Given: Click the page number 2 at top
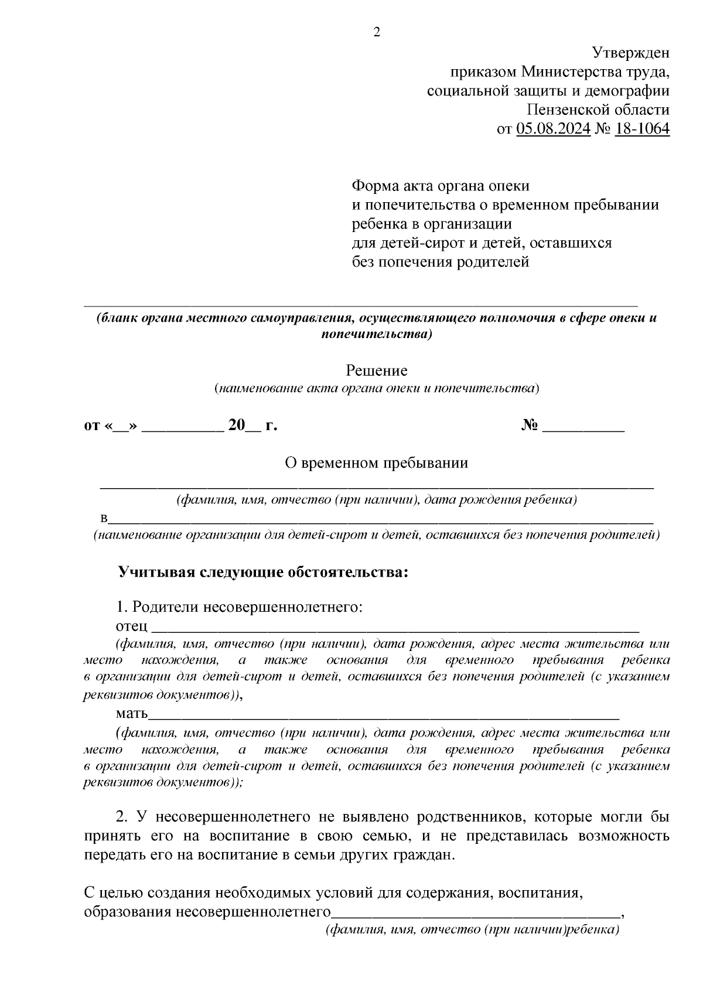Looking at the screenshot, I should point(377,32).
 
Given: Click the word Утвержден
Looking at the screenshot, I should point(630,53).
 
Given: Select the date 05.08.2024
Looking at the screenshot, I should point(553,128).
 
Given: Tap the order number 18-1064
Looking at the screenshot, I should point(641,128).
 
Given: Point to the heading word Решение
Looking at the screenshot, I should point(376,370).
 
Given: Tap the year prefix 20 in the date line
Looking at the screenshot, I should point(236,425).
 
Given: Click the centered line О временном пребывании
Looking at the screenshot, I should point(376,463).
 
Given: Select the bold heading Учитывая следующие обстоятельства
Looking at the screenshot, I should point(263,572).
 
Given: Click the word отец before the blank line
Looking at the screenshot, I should point(132,626).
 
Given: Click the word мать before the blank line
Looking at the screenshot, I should point(132,713).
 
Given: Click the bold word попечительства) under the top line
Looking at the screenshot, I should point(377,335).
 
